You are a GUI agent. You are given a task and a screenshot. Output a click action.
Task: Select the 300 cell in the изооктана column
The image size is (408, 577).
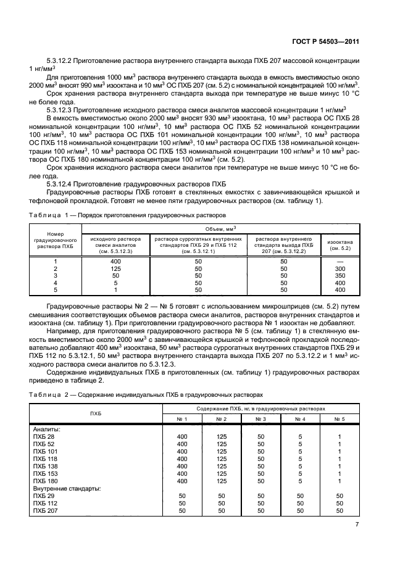pyautogui.click(x=340, y=269)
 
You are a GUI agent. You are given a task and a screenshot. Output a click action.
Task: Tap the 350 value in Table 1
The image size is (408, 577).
pyautogui.click(x=340, y=276)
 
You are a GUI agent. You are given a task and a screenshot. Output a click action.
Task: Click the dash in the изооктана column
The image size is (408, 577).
pyautogui.click(x=340, y=262)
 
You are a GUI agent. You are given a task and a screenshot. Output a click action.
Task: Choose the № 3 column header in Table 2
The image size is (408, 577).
pyautogui.click(x=260, y=419)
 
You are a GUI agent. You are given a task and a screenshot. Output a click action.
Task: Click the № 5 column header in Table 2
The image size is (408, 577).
pyautogui.click(x=339, y=419)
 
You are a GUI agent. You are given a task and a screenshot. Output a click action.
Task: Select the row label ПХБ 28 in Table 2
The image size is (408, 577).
pyautogui.click(x=43, y=436)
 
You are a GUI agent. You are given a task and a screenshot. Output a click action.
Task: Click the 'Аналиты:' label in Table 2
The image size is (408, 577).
pyautogui.click(x=46, y=429)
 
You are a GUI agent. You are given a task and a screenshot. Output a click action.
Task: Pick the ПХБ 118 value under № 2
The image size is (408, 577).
pyautogui.click(x=222, y=459)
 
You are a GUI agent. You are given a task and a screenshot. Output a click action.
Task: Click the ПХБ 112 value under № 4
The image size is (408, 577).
pyautogui.click(x=300, y=503)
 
